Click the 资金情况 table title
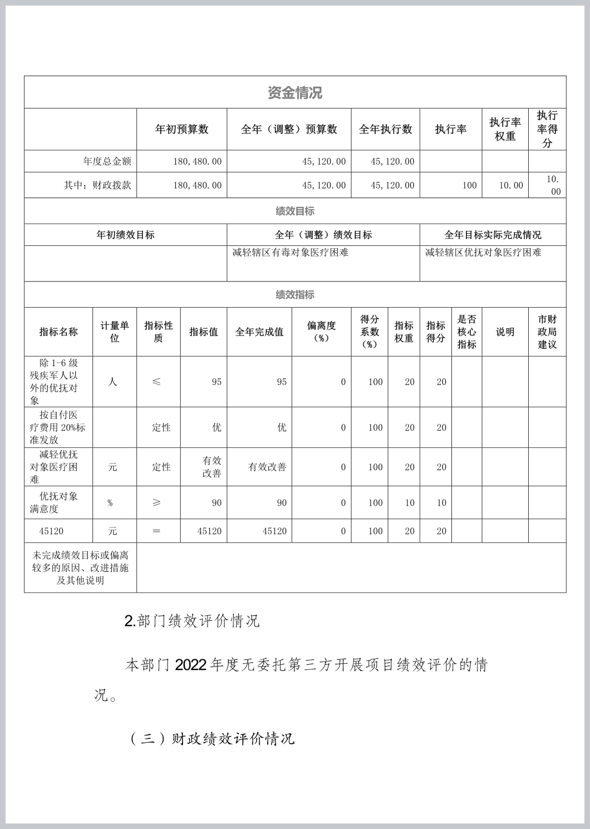coord(295,93)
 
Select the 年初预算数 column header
coord(181,129)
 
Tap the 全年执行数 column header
coord(385,129)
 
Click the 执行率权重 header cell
coord(505,129)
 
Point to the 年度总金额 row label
coord(107,161)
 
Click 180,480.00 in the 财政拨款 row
coord(197,185)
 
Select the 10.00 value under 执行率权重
coord(510,185)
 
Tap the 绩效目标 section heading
coord(295,211)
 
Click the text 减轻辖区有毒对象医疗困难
coord(290,253)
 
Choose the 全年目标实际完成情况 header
coord(493,235)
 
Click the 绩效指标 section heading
coord(295,295)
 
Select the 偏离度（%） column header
coord(321,332)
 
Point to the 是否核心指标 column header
coord(466,332)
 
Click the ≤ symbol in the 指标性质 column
coord(157,382)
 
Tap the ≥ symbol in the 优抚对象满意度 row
coord(157,502)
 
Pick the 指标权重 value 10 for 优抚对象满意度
coord(410,503)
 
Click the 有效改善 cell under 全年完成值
coord(267,467)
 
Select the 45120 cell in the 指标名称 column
coord(51,531)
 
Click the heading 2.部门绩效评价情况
coord(192,621)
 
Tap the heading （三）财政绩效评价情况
coord(212,739)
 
